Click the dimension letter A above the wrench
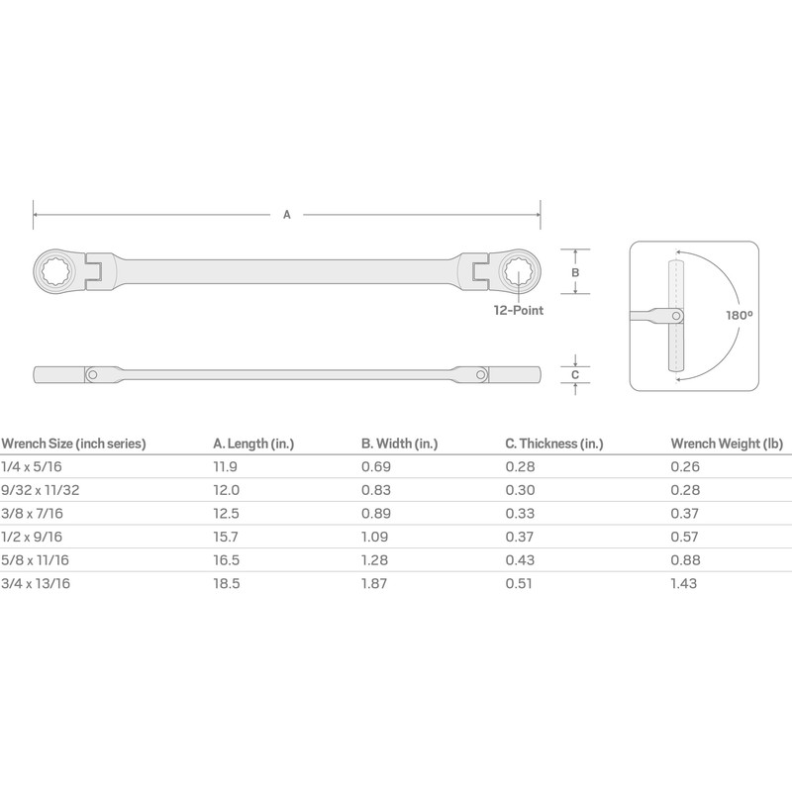click(287, 214)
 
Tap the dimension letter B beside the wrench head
click(575, 271)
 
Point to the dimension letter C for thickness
click(575, 374)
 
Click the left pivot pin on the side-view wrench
click(91, 375)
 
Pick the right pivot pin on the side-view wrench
click(482, 375)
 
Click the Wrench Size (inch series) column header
click(73, 444)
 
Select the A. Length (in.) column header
click(253, 444)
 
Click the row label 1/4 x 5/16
click(29, 467)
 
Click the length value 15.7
click(227, 538)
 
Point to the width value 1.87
click(375, 584)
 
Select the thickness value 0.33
click(519, 514)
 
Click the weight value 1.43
click(682, 584)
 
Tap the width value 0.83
click(375, 491)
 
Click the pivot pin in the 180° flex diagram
click(676, 316)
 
